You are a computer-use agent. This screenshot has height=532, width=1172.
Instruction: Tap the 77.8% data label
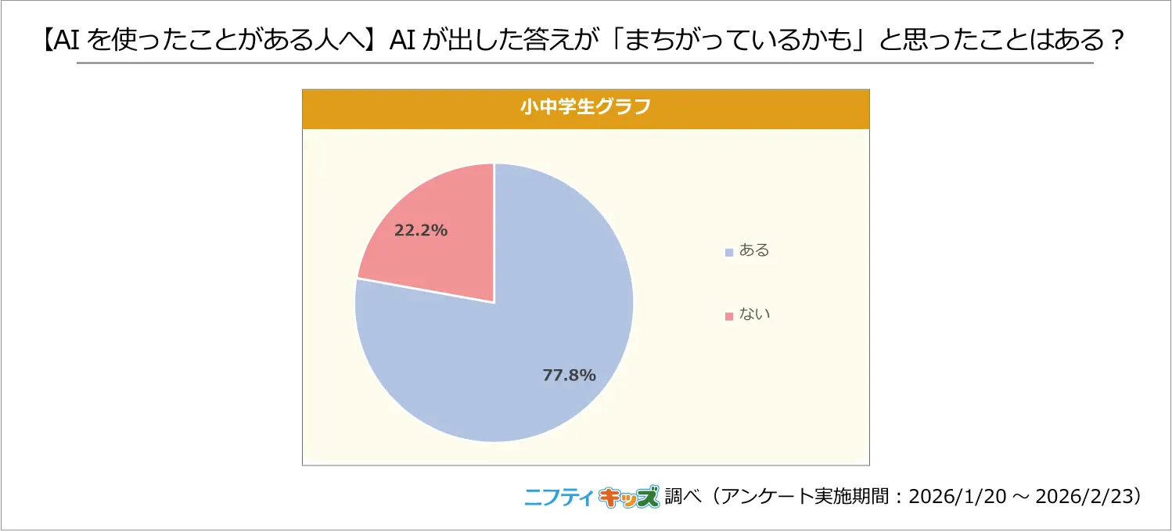coord(570,375)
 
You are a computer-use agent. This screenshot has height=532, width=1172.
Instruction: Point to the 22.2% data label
coord(421,230)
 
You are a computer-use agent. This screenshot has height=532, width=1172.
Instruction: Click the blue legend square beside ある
coord(729,252)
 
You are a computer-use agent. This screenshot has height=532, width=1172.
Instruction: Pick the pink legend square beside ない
coord(729,315)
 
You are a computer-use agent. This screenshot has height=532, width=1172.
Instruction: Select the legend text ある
coord(755,251)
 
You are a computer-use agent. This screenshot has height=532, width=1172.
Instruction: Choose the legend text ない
coord(755,315)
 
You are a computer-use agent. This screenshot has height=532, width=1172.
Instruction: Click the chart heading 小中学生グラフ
coord(585,108)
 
